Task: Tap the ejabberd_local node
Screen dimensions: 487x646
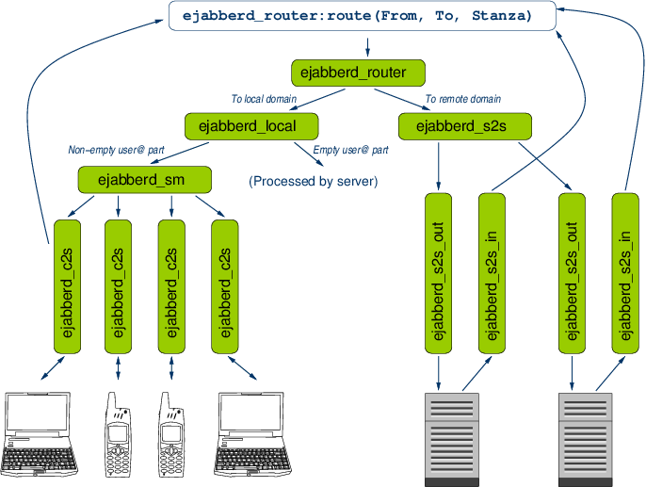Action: (x=252, y=125)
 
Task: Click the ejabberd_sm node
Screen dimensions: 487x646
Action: (x=143, y=178)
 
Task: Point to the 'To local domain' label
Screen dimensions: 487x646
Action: (x=265, y=99)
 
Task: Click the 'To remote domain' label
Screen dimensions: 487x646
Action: (x=462, y=99)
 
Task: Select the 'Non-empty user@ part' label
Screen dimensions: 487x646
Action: (x=116, y=150)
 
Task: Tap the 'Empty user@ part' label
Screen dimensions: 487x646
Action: (x=350, y=150)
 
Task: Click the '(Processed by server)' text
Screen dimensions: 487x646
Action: (x=313, y=180)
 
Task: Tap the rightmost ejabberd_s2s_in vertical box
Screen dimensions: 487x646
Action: (x=625, y=272)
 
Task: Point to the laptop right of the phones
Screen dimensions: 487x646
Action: (x=252, y=433)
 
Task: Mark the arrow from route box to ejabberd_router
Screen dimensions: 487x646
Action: (x=366, y=45)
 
